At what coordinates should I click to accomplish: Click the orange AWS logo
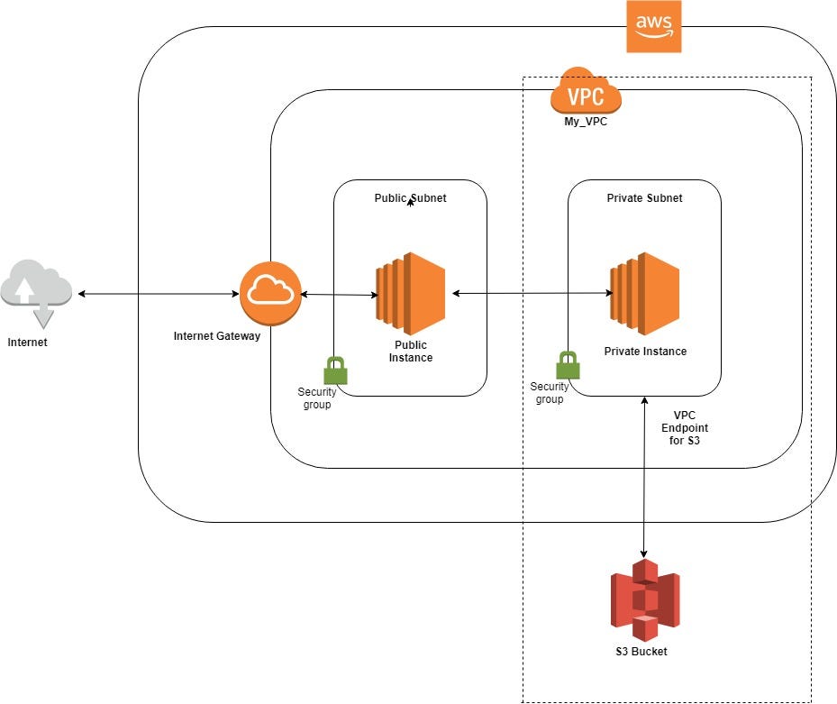tap(654, 27)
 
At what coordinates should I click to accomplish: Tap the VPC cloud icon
tap(586, 93)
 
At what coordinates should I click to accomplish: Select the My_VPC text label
tap(586, 122)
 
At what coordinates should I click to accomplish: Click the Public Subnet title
tap(410, 197)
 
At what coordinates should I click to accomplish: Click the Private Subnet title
tap(644, 197)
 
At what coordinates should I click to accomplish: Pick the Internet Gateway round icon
tap(270, 294)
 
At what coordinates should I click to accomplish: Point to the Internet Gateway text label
tap(216, 336)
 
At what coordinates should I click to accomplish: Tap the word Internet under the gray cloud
tap(27, 343)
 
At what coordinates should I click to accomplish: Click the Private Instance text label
tap(645, 352)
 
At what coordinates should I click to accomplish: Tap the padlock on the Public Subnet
tap(335, 370)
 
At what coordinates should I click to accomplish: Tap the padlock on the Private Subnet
tap(567, 365)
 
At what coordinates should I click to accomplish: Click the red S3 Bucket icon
tap(644, 599)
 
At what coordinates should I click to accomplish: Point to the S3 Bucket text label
tap(644, 652)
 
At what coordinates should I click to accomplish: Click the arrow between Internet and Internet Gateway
tap(158, 294)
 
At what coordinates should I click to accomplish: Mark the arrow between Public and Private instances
tap(532, 293)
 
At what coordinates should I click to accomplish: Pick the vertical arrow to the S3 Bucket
tap(644, 478)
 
